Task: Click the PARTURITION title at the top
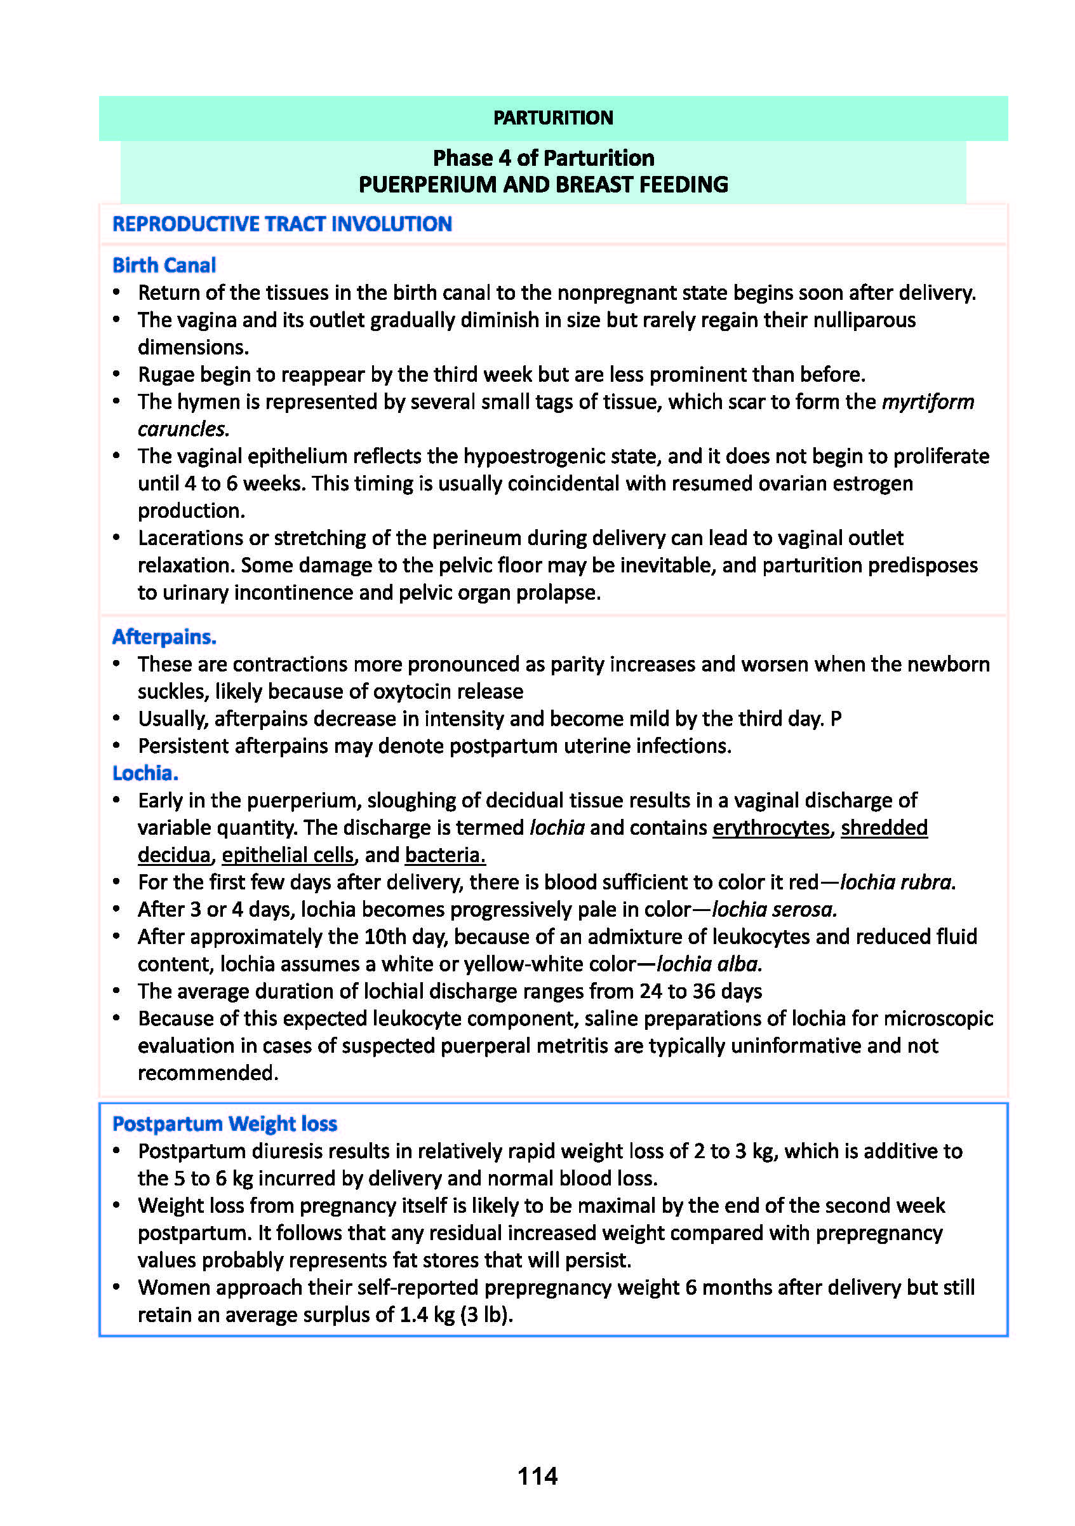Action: pyautogui.click(x=553, y=118)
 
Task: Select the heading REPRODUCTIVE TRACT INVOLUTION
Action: pyautogui.click(x=282, y=224)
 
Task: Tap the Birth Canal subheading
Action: pyautogui.click(x=164, y=265)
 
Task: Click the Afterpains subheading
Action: pyautogui.click(x=164, y=637)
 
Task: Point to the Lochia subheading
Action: pyautogui.click(x=145, y=773)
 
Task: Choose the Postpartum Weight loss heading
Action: pyautogui.click(x=225, y=1123)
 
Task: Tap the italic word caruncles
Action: pyautogui.click(x=183, y=429)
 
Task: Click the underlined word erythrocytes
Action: pyautogui.click(x=771, y=827)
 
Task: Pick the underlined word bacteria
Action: pyautogui.click(x=445, y=854)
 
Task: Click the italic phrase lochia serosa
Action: pyautogui.click(x=774, y=909)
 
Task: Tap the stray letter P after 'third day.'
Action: pyautogui.click(x=836, y=719)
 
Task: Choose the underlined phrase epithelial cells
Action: pyautogui.click(x=288, y=854)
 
